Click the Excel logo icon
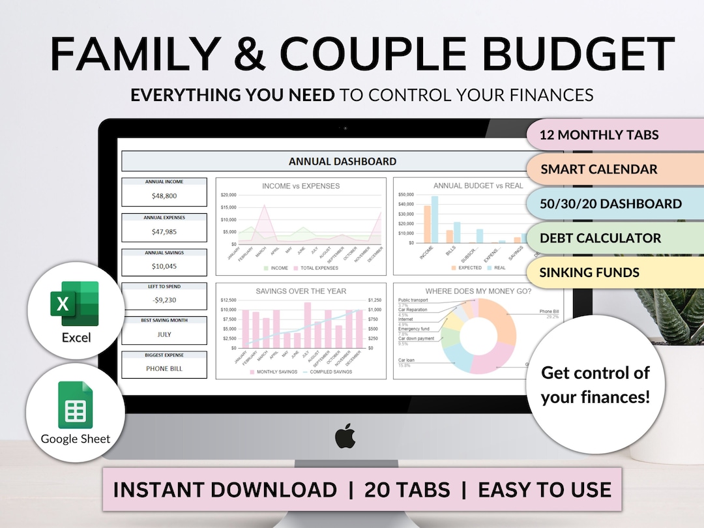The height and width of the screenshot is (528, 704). (x=74, y=303)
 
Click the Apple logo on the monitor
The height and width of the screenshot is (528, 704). (x=345, y=437)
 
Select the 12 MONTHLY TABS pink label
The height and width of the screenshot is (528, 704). (x=600, y=136)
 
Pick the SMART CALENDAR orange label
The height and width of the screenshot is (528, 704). (x=599, y=169)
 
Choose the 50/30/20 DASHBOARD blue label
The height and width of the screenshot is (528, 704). (x=611, y=203)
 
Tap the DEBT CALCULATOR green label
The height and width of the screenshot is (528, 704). (x=600, y=238)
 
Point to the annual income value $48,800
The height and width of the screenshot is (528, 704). (x=164, y=196)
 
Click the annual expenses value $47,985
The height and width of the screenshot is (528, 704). (x=164, y=231)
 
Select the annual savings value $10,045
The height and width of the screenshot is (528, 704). (x=164, y=266)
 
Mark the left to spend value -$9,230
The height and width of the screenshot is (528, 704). (x=164, y=301)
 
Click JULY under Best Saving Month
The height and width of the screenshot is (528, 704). (x=164, y=334)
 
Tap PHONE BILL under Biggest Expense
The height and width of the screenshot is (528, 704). (x=164, y=369)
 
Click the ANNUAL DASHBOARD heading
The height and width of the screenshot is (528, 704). (x=342, y=162)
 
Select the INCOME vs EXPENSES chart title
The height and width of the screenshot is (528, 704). (x=301, y=186)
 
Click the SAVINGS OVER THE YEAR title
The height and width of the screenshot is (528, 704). (x=301, y=291)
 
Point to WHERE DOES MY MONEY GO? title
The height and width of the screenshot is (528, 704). (x=478, y=291)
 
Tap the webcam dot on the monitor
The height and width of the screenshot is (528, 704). (x=345, y=128)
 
